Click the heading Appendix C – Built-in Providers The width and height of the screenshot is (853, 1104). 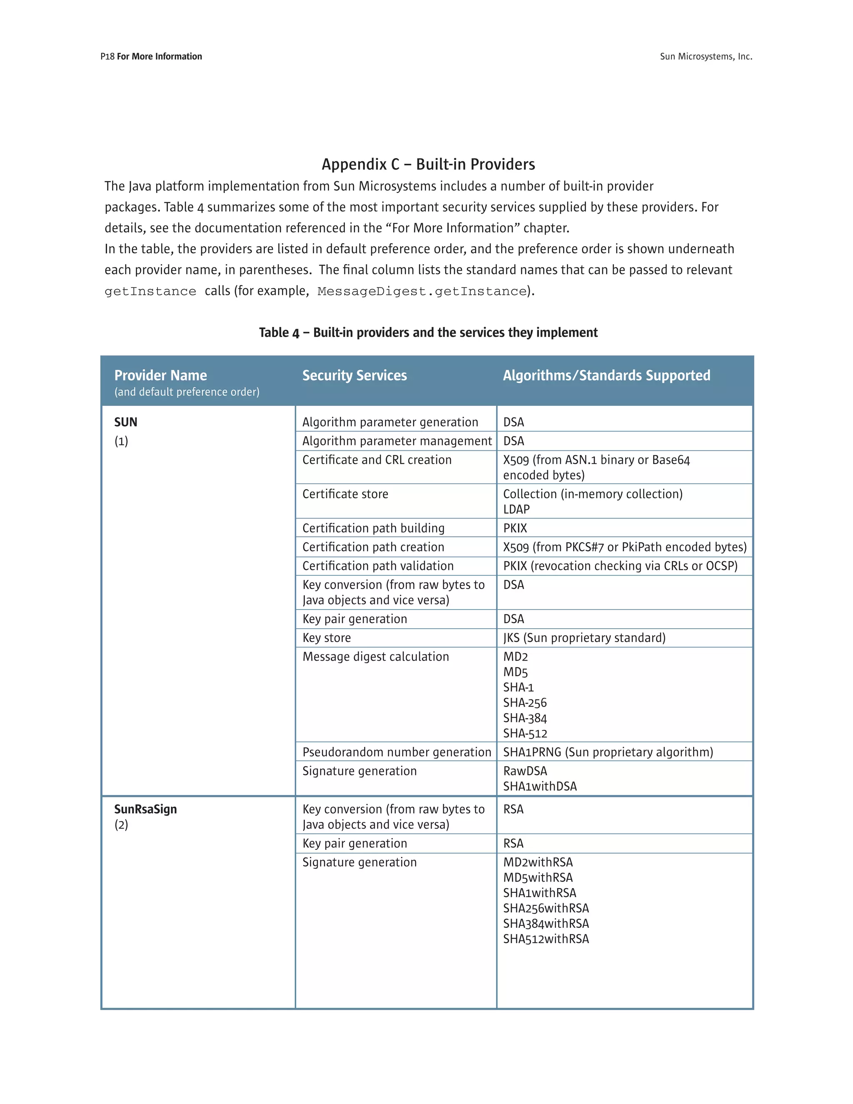click(x=428, y=164)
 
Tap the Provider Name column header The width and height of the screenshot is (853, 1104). click(x=160, y=376)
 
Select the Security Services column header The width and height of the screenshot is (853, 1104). click(x=354, y=376)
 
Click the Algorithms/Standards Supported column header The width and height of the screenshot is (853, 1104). click(x=606, y=376)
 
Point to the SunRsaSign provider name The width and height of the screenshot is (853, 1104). click(x=145, y=809)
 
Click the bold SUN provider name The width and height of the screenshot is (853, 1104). click(x=125, y=422)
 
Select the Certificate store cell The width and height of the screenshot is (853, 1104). click(x=345, y=494)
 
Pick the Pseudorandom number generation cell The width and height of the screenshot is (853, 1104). click(x=396, y=752)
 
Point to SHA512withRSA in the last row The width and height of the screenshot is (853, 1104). click(x=546, y=939)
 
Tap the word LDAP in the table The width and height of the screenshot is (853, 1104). click(x=516, y=510)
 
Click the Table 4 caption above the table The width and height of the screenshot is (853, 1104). click(x=428, y=332)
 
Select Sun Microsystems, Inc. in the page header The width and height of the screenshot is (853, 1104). click(x=706, y=57)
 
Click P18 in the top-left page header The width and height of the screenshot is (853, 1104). click(x=107, y=57)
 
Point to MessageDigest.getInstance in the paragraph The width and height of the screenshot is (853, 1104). click(x=422, y=292)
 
